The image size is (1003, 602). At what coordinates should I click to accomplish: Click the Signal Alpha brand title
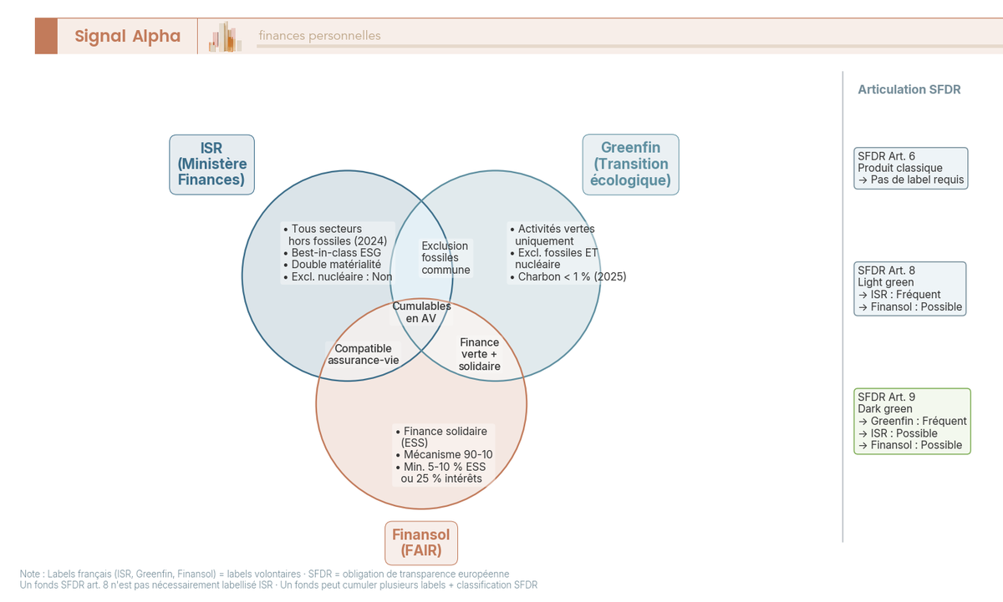[x=127, y=36]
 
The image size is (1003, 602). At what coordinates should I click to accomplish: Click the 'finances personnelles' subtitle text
[x=319, y=36]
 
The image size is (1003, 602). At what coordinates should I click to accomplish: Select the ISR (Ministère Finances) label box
[x=211, y=164]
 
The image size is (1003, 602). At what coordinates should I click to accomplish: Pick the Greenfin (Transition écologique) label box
[x=630, y=164]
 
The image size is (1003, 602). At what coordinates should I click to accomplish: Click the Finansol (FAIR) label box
[x=421, y=543]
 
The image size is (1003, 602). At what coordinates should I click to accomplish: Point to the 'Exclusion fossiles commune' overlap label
[x=445, y=258]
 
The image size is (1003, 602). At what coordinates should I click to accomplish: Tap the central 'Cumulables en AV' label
[x=421, y=312]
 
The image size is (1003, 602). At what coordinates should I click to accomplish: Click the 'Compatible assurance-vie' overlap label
[x=363, y=354]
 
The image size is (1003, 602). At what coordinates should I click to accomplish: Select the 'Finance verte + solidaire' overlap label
[x=480, y=354]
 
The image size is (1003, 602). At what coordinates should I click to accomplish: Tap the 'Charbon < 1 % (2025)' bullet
[x=568, y=276]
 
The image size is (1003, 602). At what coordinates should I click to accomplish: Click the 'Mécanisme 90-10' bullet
[x=443, y=454]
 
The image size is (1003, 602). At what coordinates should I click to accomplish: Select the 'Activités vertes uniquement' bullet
[x=553, y=235]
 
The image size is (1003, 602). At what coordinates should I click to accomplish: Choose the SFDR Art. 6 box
[x=911, y=168]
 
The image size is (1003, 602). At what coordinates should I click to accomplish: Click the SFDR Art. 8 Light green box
[x=911, y=288]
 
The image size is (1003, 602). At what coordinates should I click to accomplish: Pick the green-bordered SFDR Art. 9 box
[x=912, y=421]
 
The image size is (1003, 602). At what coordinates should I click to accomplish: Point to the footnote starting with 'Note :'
[x=264, y=574]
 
